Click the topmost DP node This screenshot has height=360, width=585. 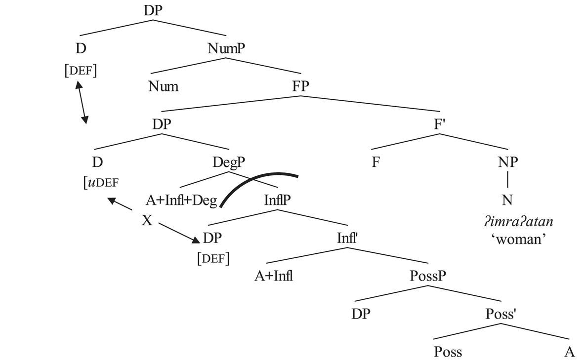153,10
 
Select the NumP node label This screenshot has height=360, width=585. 226,48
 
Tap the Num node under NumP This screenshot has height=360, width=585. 163,86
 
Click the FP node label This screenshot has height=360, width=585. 301,86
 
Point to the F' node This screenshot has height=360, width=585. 440,124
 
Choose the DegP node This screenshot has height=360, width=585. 229,162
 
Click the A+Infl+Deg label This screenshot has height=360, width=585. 181,200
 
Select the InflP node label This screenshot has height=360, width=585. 277,200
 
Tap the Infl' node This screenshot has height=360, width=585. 347,238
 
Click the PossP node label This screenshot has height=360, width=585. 427,276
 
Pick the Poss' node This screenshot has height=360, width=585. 501,314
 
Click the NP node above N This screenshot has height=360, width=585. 507,162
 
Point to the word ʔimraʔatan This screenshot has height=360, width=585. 518,222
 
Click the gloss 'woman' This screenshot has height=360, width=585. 518,239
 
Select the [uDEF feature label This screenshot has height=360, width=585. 101,182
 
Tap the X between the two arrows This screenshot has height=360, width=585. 147,220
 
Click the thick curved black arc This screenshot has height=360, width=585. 259,186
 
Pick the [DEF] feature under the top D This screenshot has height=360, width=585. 81,71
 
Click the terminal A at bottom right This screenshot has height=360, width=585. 569,352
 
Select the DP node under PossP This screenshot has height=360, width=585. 361,314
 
